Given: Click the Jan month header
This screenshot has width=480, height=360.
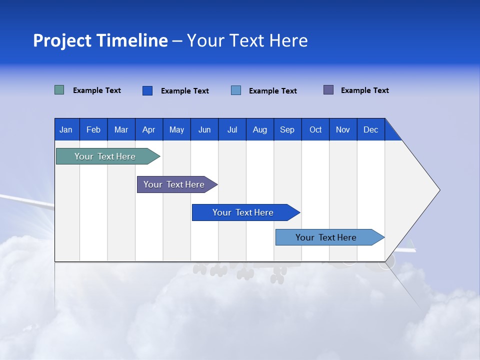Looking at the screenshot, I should pyautogui.click(x=66, y=129).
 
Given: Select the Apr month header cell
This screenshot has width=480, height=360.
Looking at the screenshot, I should pyautogui.click(x=149, y=129).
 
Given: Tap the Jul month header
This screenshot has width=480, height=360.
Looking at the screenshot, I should pyautogui.click(x=232, y=129).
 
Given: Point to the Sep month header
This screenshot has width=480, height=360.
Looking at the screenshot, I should pyautogui.click(x=287, y=129).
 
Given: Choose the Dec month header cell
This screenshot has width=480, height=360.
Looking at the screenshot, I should pyautogui.click(x=370, y=129).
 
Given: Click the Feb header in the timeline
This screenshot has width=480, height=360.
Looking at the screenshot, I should pyautogui.click(x=93, y=129).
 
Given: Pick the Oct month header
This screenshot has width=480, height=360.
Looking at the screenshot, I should pyautogui.click(x=315, y=129).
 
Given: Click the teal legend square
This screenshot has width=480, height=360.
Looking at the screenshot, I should pyautogui.click(x=59, y=90).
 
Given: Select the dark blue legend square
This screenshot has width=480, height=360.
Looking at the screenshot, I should pyautogui.click(x=147, y=90).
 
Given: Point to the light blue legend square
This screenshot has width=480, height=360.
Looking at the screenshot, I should pyautogui.click(x=236, y=90).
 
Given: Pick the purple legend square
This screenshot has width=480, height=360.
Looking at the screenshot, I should pyautogui.click(x=328, y=90).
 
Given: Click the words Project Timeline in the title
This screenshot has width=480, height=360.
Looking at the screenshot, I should pyautogui.click(x=100, y=40).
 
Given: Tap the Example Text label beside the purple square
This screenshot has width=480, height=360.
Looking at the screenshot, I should pyautogui.click(x=364, y=90).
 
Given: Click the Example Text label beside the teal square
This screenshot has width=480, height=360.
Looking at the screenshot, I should pyautogui.click(x=97, y=90).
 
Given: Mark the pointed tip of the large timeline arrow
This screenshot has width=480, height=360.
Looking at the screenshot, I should pyautogui.click(x=438, y=190).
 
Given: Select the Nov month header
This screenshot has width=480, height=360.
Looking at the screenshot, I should pyautogui.click(x=343, y=129).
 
